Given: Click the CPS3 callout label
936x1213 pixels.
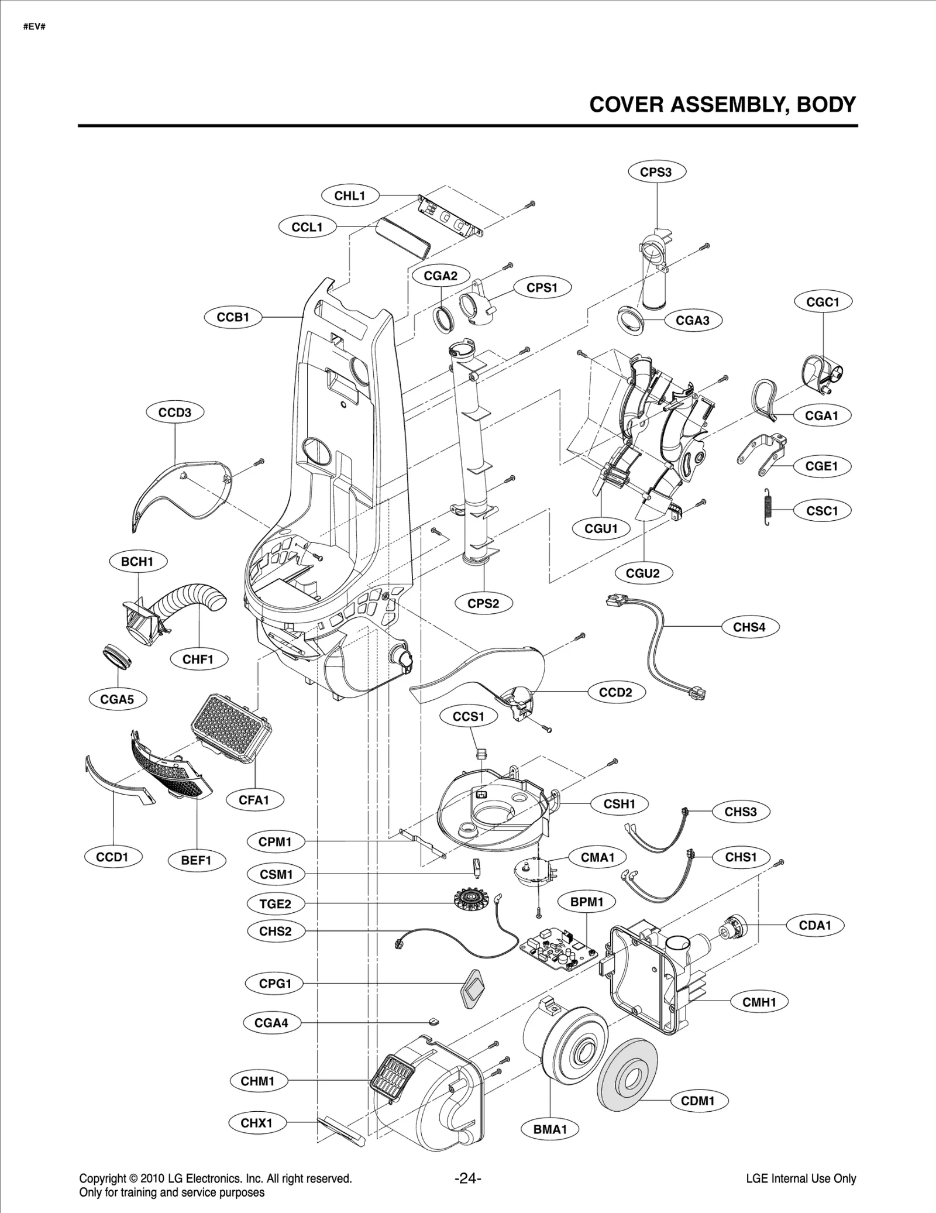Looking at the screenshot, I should pos(656,172).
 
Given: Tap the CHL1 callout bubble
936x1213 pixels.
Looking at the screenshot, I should pos(350,196).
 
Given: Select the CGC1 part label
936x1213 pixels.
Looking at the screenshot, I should pos(823,302).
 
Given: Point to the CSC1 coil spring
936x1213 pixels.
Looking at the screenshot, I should pos(768,506).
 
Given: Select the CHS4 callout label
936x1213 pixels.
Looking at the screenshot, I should pos(749,627).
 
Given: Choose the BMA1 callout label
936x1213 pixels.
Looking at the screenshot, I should pos(550,1129).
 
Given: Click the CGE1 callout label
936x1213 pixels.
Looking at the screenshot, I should pos(821,466).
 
